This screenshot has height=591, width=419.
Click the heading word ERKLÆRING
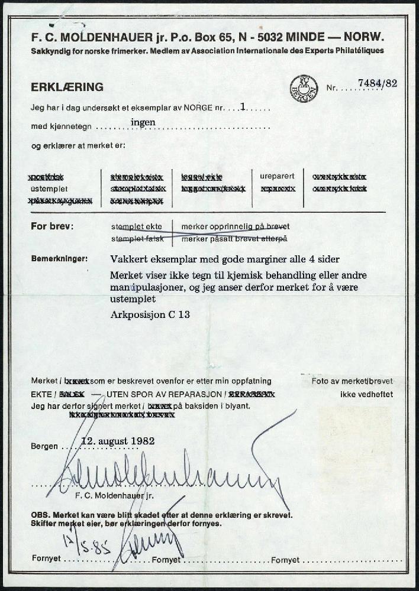(67, 87)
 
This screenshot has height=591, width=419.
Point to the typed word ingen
(143, 122)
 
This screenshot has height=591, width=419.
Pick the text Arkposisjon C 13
(150, 314)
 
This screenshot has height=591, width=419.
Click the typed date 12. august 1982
(118, 441)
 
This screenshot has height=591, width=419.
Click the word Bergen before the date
(44, 446)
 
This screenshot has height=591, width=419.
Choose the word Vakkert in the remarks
(130, 259)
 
